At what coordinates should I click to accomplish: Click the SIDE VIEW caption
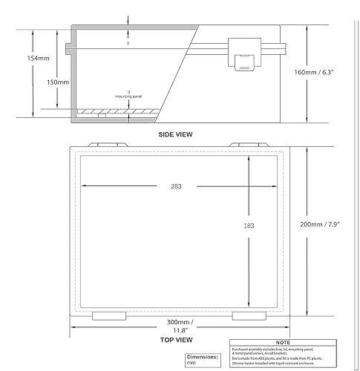176,134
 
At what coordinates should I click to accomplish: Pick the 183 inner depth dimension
249,226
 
